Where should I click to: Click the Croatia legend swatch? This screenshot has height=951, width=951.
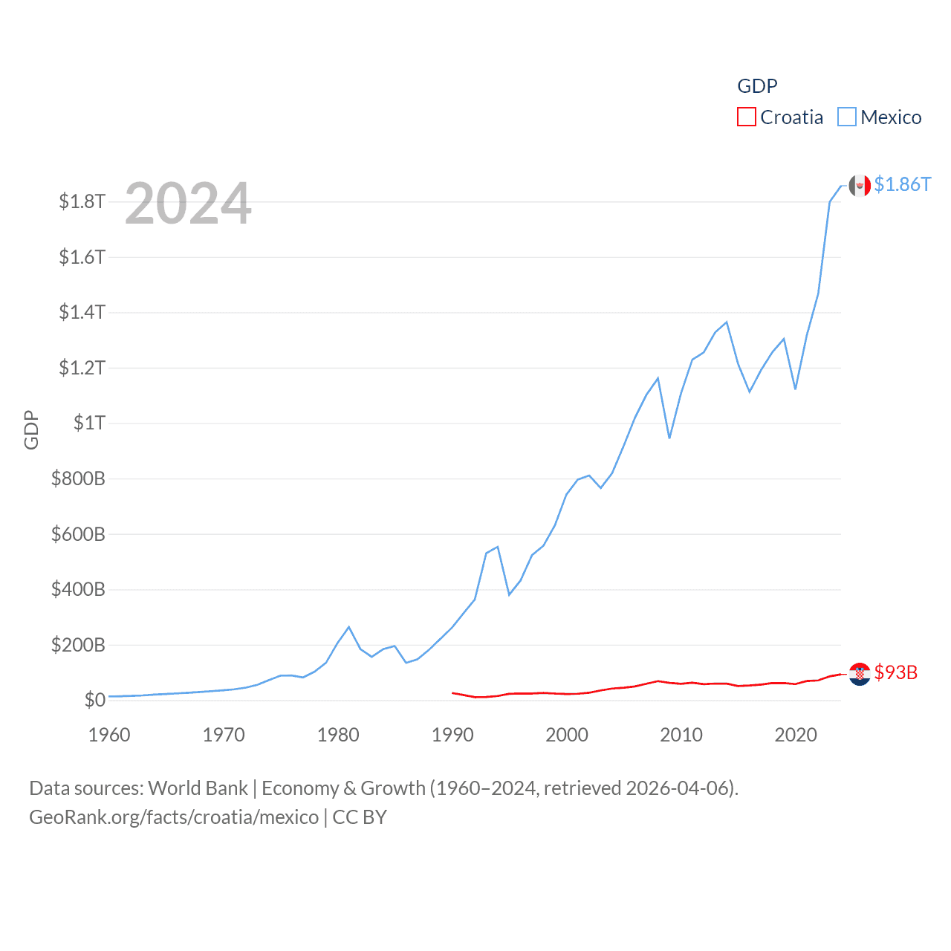(x=746, y=117)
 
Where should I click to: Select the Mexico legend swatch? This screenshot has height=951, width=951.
(x=847, y=117)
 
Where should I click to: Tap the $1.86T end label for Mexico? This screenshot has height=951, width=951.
(x=902, y=184)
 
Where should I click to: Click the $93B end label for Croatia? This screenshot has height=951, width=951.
(x=895, y=672)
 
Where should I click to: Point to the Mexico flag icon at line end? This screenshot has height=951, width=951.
(x=860, y=186)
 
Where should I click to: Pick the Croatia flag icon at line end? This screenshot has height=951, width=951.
(x=860, y=674)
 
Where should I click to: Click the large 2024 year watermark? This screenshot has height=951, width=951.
(x=188, y=204)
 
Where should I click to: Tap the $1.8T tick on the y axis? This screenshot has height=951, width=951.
(x=82, y=201)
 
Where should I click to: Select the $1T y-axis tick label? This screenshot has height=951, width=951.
(x=89, y=423)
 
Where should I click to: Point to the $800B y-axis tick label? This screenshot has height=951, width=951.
(x=78, y=478)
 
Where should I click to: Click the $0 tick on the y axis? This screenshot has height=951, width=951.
(x=94, y=700)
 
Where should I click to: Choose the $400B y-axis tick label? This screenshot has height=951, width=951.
(x=78, y=589)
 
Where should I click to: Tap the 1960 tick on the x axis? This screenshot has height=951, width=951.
(x=109, y=735)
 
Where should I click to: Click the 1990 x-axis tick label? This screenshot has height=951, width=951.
(x=452, y=735)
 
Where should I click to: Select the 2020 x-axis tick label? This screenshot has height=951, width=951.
(x=796, y=735)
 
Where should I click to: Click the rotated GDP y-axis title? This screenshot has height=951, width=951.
(x=31, y=429)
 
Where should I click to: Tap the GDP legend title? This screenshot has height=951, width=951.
(x=757, y=86)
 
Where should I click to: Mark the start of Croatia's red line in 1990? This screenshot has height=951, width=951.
(x=452, y=692)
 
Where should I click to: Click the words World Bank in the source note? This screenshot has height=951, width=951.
(x=198, y=788)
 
